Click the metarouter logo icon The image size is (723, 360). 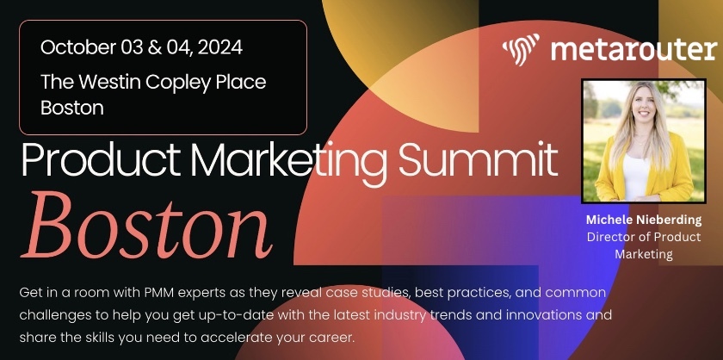[521, 48]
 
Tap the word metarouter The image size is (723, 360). [633, 48]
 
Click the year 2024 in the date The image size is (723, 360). [219, 47]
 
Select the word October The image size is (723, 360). [78, 47]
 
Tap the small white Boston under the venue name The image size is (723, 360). [72, 108]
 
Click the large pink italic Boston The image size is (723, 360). [147, 227]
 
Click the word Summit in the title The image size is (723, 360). [479, 159]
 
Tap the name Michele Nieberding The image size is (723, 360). [644, 220]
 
